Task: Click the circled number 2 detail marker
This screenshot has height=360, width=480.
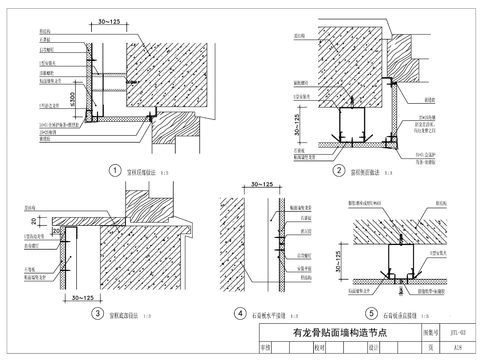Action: (x=339, y=170)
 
